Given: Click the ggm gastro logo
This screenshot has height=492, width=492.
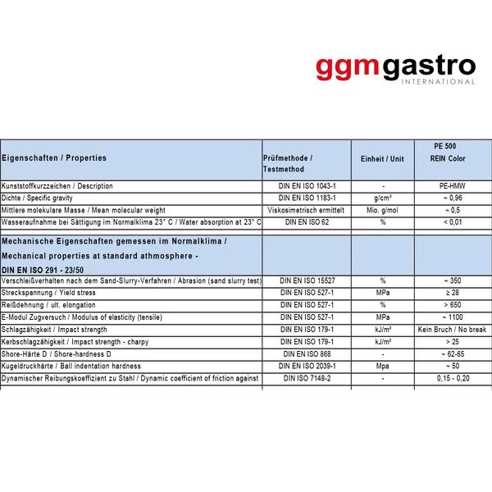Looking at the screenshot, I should coord(395,66).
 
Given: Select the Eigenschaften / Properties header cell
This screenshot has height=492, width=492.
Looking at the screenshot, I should coord(54,157).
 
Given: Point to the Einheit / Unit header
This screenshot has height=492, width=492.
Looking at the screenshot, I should coord(383,158).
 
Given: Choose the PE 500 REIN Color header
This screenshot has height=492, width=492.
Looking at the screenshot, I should coord(453,152).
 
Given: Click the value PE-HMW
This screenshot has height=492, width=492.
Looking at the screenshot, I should coord(453,186).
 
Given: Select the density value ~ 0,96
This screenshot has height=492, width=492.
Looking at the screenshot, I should coord(453,198).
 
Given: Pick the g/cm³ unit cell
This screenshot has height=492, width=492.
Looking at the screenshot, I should coord(383,198).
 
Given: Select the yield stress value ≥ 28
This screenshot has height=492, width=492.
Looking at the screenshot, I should coord(453,293).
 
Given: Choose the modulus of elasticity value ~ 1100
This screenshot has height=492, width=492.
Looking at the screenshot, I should coord(453,317).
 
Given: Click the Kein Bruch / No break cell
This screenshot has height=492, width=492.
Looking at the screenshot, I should coord(453,330).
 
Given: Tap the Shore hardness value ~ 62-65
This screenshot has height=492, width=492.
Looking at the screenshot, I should coord(453,353).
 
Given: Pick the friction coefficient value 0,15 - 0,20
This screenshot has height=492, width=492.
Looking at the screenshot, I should coord(453,378).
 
